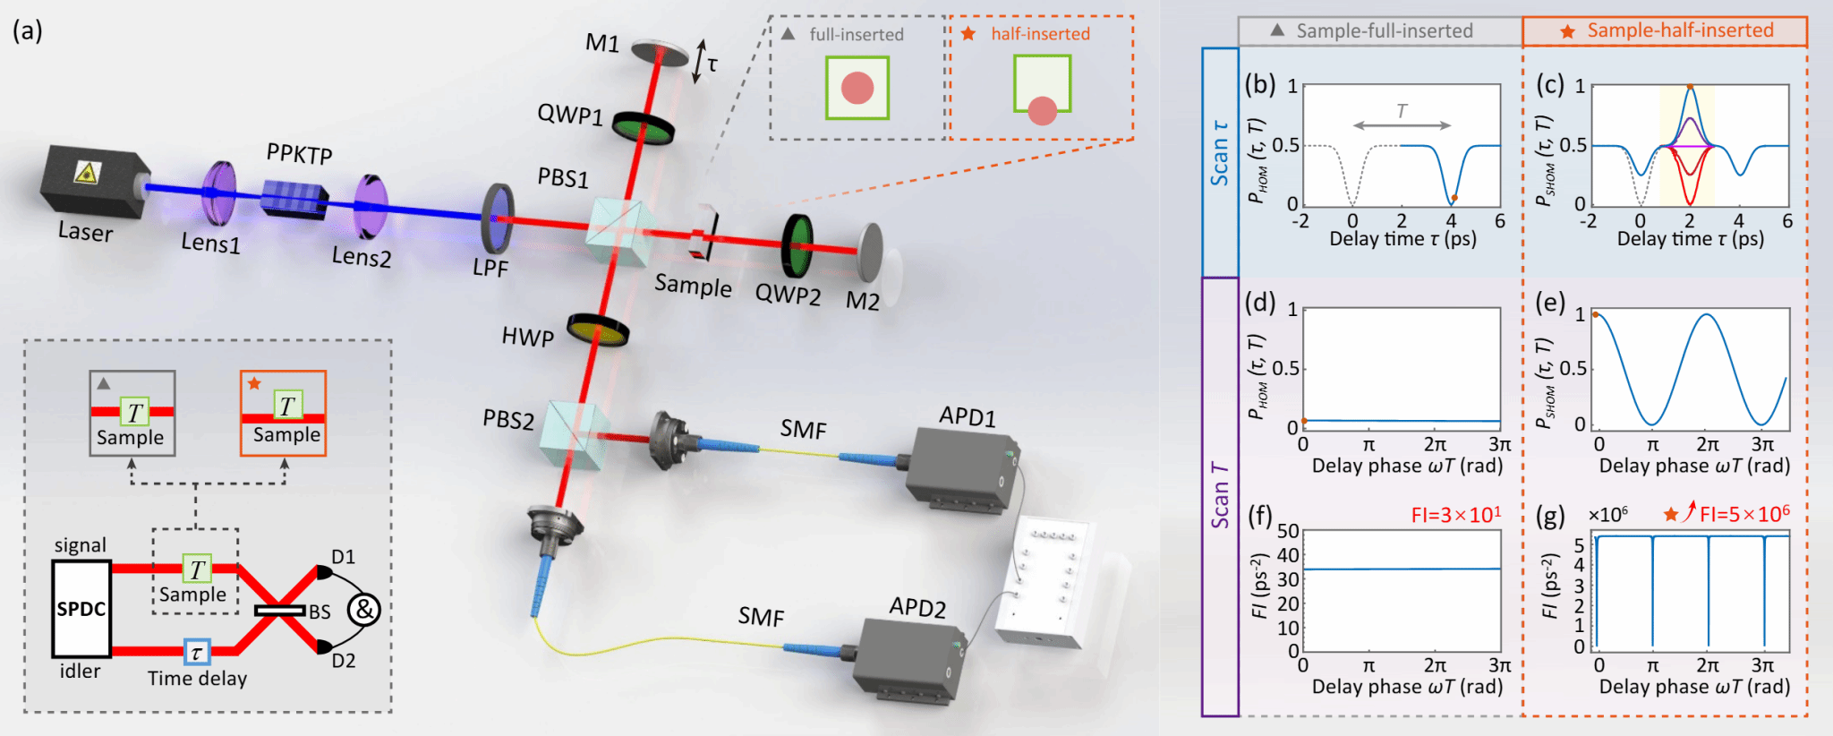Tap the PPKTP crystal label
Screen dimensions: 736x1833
click(x=299, y=154)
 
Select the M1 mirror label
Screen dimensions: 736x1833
click(x=602, y=42)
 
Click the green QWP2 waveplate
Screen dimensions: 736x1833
click(x=797, y=245)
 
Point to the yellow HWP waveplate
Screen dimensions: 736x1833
click(x=598, y=329)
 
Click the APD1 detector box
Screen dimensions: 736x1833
click(x=959, y=469)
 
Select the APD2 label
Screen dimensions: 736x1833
click(x=917, y=608)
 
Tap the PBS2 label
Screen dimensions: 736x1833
click(x=507, y=419)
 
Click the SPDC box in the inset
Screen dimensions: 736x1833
click(x=81, y=609)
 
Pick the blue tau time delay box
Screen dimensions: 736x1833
click(x=197, y=652)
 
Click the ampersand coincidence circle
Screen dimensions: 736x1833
click(x=363, y=610)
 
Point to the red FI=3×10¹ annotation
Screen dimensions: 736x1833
click(x=1455, y=515)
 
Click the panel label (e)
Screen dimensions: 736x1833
click(x=1549, y=303)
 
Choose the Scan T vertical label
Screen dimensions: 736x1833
click(x=1219, y=495)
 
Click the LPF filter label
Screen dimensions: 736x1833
click(x=490, y=267)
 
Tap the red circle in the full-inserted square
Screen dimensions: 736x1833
click(x=857, y=88)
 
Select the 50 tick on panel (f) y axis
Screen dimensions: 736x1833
click(x=1287, y=531)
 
